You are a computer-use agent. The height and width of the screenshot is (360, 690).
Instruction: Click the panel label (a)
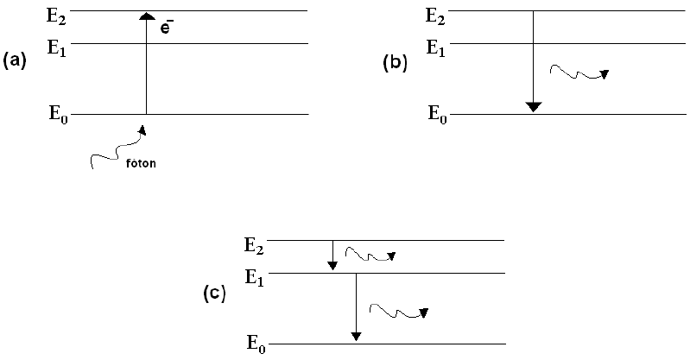coord(16,61)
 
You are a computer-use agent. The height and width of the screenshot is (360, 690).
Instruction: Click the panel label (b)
coord(395,62)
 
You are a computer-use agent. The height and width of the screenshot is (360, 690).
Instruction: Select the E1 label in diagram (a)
coord(56,47)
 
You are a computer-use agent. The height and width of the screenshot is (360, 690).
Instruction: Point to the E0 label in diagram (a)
coord(56,115)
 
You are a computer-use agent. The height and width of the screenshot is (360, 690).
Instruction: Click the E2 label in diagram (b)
coord(437,15)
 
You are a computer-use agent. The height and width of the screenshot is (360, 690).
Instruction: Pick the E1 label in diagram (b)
coord(437,47)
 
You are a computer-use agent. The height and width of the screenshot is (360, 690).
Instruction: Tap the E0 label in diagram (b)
coord(437,115)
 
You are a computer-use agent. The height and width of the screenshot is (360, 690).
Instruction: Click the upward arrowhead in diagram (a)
coord(146,16)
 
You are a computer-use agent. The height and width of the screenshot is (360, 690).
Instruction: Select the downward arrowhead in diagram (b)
coord(534,106)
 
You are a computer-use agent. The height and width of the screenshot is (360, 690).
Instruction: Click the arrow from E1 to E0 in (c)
coord(356,306)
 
